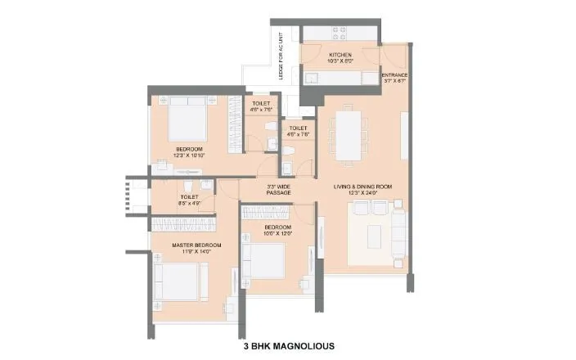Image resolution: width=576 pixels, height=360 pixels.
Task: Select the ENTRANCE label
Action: [x=394, y=74]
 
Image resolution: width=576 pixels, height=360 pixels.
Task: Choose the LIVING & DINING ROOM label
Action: [x=362, y=187]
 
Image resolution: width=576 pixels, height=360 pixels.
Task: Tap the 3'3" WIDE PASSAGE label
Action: [x=279, y=190]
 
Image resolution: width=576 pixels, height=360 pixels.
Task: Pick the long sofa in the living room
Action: [x=399, y=232]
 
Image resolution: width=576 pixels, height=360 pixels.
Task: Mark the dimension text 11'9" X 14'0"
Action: [x=193, y=252]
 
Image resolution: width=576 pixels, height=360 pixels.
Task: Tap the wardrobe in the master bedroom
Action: [x=184, y=223]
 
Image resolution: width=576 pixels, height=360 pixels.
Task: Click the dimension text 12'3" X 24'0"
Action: [x=362, y=194]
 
